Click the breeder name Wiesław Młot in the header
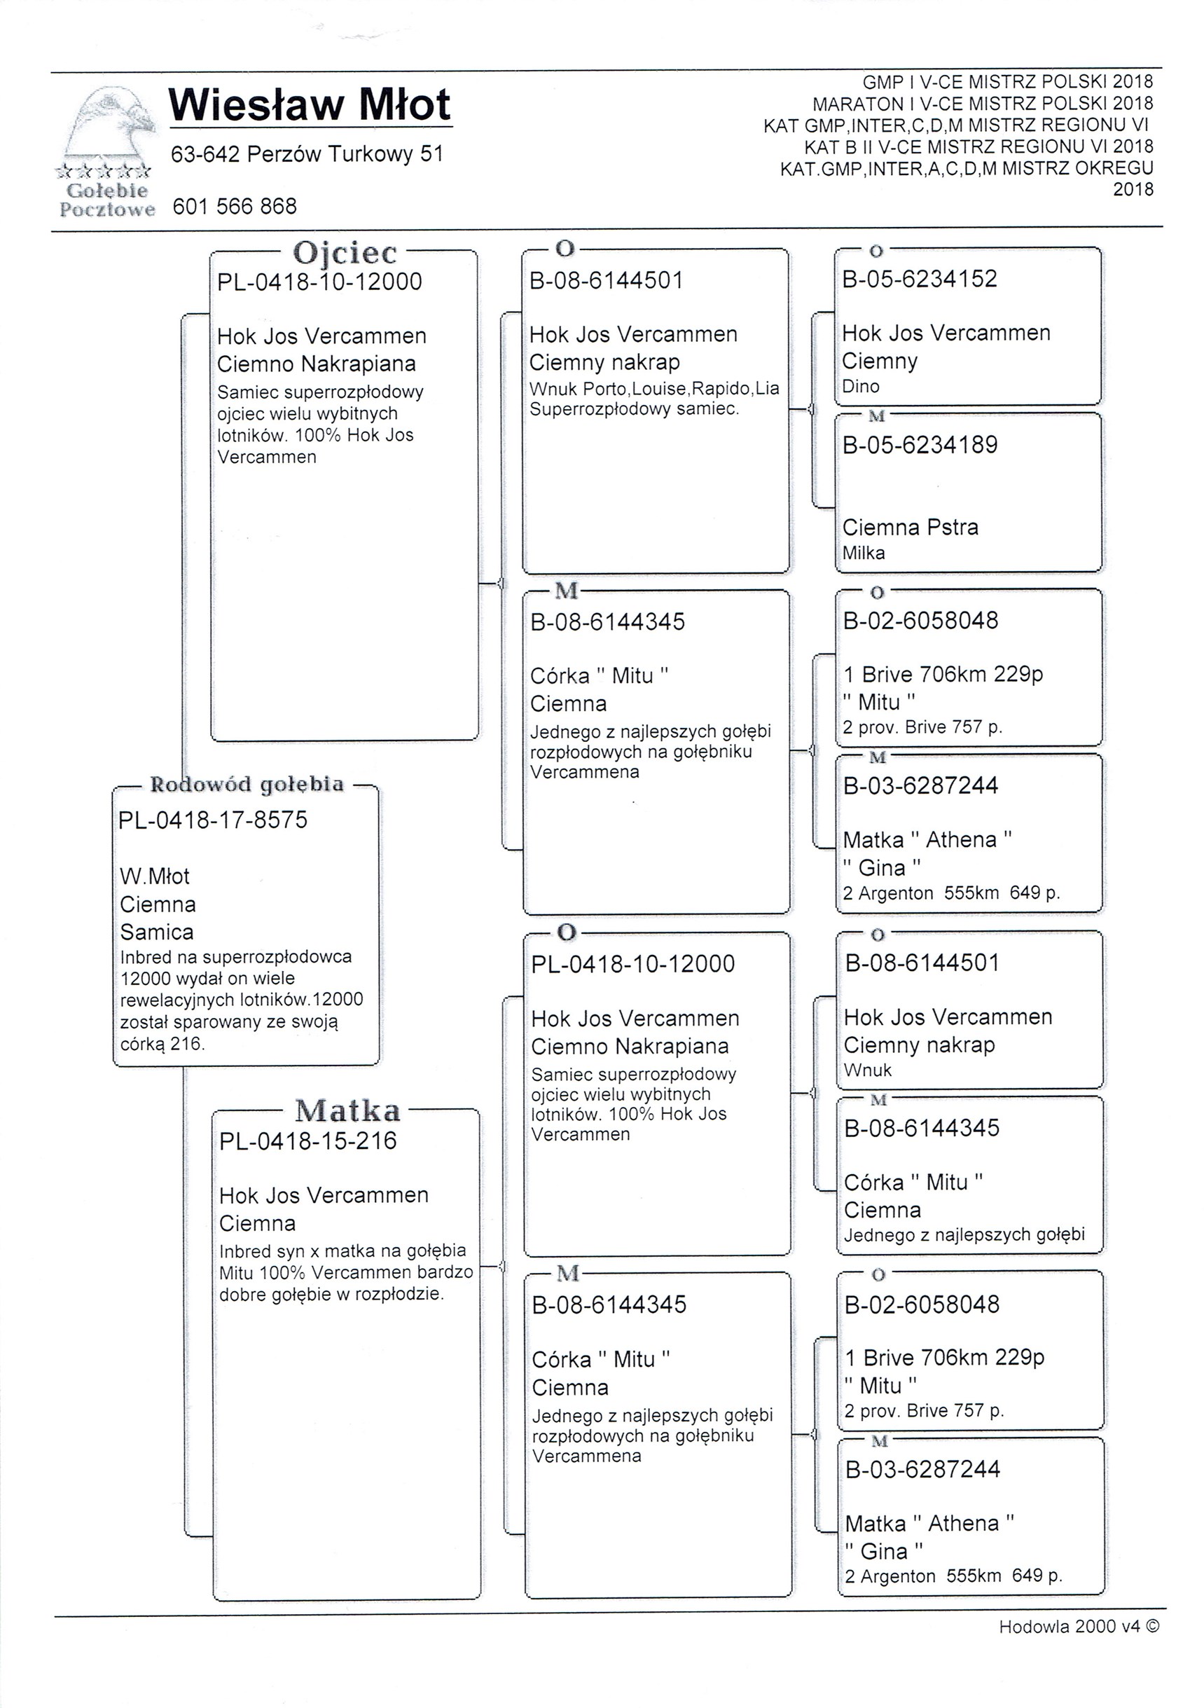click(310, 105)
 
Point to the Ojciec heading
click(345, 253)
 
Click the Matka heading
click(347, 1110)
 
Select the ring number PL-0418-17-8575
click(213, 820)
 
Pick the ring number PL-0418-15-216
click(308, 1141)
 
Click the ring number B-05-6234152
click(920, 279)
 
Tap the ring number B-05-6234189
click(920, 445)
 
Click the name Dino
click(860, 386)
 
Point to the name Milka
click(864, 553)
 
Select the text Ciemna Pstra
click(911, 528)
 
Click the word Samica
click(156, 932)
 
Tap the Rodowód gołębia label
click(247, 784)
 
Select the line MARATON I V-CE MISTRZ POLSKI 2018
click(983, 104)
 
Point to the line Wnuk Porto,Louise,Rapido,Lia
click(653, 388)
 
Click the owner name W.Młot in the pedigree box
click(155, 876)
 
